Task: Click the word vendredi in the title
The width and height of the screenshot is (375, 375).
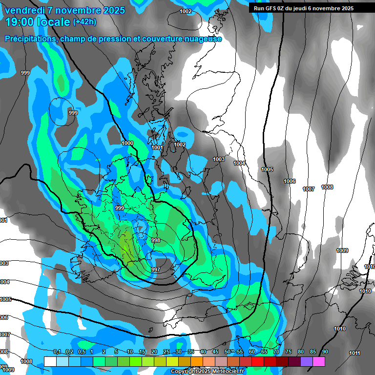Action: [x=25, y=10]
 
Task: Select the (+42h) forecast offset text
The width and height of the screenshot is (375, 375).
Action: [x=84, y=21]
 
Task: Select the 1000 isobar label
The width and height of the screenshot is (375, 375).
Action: [x=127, y=143]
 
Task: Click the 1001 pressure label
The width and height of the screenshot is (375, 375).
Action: [x=157, y=147]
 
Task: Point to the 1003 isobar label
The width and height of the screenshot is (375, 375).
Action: [x=219, y=159]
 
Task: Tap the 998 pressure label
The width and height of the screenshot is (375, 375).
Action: [x=156, y=240]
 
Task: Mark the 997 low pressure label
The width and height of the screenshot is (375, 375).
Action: [x=156, y=270]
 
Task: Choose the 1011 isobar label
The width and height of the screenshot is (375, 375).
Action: [x=354, y=353]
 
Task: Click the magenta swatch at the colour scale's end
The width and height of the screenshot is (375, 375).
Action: [x=319, y=361]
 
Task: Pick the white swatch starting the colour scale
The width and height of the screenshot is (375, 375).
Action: [x=50, y=361]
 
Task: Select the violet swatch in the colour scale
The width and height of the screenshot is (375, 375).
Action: [x=307, y=361]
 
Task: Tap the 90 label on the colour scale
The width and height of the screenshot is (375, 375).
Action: [x=325, y=352]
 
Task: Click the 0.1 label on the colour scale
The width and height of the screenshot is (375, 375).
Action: [x=57, y=352]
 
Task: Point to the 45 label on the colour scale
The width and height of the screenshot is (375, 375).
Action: [x=215, y=352]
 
